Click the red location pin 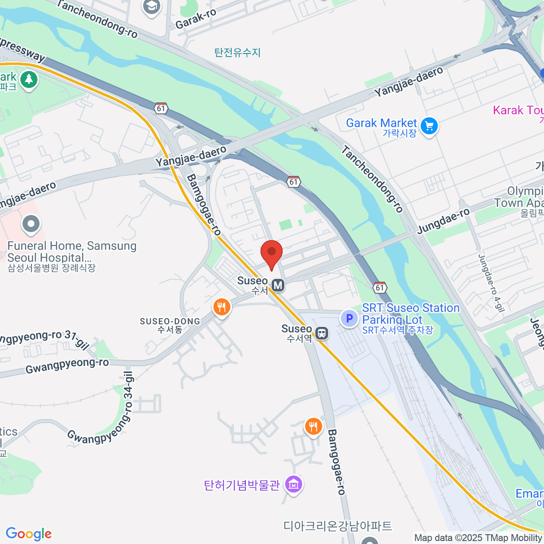pos(272,253)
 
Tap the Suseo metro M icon pos(278,285)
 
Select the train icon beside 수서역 pos(322,334)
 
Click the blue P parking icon pos(349,318)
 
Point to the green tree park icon pos(29,80)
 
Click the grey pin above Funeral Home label pos(31,224)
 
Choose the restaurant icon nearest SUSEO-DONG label pos(221,307)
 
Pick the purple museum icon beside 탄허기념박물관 pos(294,485)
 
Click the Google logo pos(29,534)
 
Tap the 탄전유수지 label pos(238,53)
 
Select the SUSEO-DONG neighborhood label pos(170,321)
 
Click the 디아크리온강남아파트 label pos(338,526)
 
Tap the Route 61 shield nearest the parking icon pos(379,287)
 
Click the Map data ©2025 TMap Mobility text pos(478,538)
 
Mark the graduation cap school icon pos(151,6)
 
